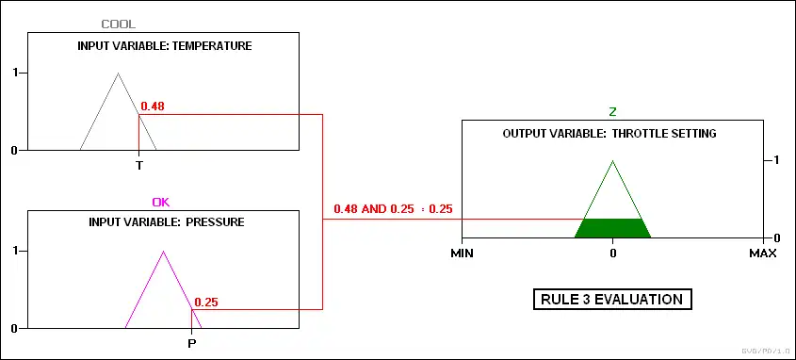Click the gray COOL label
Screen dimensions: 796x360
point(119,24)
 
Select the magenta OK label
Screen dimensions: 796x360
point(161,202)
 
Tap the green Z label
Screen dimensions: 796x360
point(612,112)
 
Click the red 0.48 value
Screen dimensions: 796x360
point(153,106)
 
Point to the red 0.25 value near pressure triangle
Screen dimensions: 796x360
point(206,303)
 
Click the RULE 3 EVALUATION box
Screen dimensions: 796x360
point(612,299)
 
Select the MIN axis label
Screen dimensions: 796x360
point(462,253)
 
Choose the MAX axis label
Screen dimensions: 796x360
point(763,253)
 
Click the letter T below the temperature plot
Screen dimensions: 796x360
point(139,166)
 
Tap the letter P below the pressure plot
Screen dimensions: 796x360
point(192,344)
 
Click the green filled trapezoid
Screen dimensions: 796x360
point(612,228)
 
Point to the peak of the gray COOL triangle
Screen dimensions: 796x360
point(119,74)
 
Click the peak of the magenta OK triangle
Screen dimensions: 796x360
point(163,251)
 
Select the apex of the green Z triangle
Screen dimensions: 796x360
point(612,160)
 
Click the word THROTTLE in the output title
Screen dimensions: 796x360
point(636,134)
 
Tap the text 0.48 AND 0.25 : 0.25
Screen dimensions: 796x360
point(393,209)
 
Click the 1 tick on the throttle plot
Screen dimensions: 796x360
point(773,160)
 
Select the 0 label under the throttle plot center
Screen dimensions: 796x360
point(612,253)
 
